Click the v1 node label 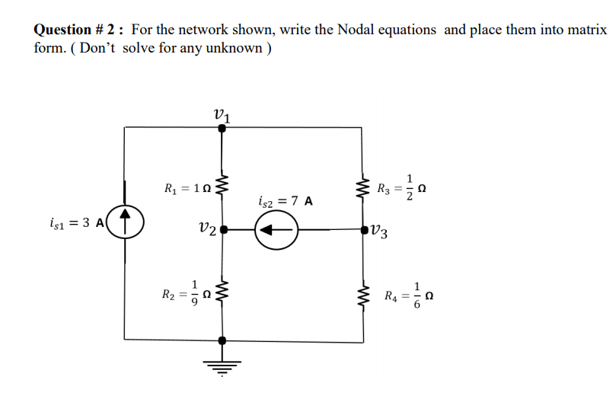(x=222, y=114)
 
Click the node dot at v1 (x=222, y=129)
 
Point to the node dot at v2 (x=222, y=228)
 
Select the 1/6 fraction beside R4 (x=416, y=295)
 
